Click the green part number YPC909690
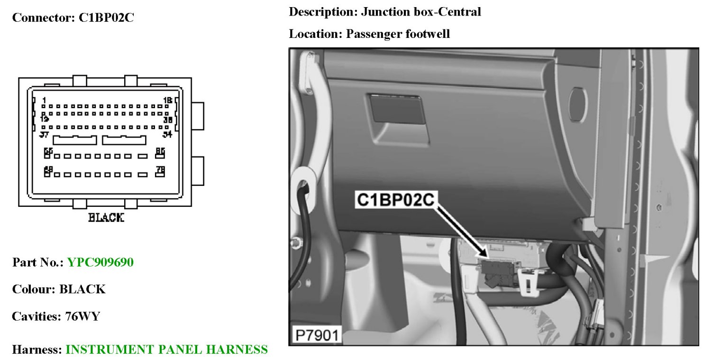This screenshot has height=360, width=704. tap(100, 262)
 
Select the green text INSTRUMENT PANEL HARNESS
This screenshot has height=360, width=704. tap(166, 350)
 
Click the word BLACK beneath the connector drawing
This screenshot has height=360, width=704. tap(106, 218)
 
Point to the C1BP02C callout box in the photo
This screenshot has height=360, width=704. tap(395, 200)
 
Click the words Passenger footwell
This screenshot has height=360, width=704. tap(397, 34)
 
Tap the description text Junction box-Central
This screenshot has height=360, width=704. tap(421, 12)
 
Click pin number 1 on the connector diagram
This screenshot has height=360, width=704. tap(44, 100)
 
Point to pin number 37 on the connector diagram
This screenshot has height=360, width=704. tap(45, 135)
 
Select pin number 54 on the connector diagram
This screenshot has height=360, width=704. tap(167, 135)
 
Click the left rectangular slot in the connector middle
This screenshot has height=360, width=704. tap(74, 140)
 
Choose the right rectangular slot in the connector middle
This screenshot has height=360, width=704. tap(124, 140)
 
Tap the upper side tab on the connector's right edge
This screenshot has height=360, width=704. tap(197, 116)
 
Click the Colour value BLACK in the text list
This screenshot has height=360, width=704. tap(82, 289)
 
